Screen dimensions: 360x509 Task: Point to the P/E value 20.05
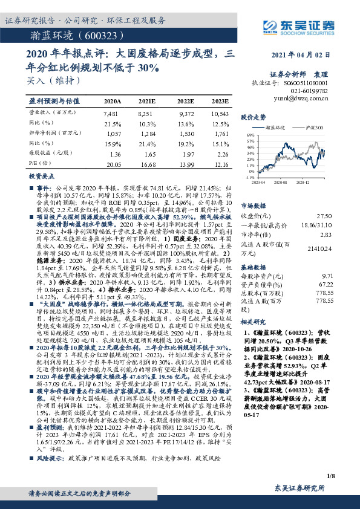(x=113, y=164)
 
